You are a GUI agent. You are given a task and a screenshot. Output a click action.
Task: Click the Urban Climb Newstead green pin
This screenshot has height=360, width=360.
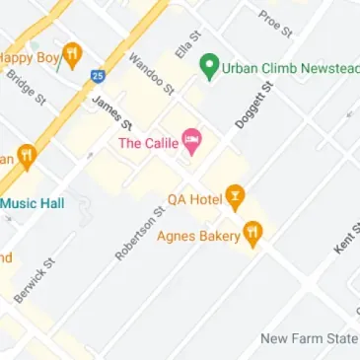208,67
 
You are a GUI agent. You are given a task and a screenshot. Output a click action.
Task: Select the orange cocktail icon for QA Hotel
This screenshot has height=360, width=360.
234,198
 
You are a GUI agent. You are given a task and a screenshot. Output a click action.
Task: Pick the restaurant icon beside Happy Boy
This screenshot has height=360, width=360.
71,55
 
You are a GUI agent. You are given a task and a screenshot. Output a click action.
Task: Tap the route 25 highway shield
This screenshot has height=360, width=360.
97,75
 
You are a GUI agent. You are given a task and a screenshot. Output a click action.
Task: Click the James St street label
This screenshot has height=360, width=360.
111,113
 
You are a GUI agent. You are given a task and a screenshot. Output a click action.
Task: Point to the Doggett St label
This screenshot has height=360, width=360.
253,107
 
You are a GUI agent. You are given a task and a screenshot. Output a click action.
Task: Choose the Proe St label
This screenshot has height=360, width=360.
276,24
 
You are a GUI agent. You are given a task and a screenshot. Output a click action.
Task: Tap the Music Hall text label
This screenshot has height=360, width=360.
32,203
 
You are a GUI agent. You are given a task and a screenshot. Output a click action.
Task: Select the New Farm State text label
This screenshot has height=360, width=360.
309,338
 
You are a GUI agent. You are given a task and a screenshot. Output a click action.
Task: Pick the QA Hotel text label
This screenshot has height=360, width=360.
194,199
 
